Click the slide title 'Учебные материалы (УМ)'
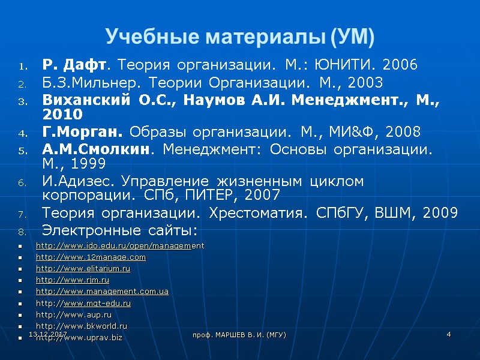pyautogui.click(x=240, y=37)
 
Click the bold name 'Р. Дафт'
pyautogui.click(x=77, y=65)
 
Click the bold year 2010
pyautogui.click(x=63, y=113)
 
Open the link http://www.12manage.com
pyautogui.click(x=91, y=257)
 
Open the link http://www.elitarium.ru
pyautogui.click(x=83, y=269)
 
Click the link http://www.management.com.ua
pyautogui.click(x=102, y=292)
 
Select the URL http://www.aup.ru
pyautogui.click(x=74, y=314)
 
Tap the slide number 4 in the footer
pyautogui.click(x=448, y=334)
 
